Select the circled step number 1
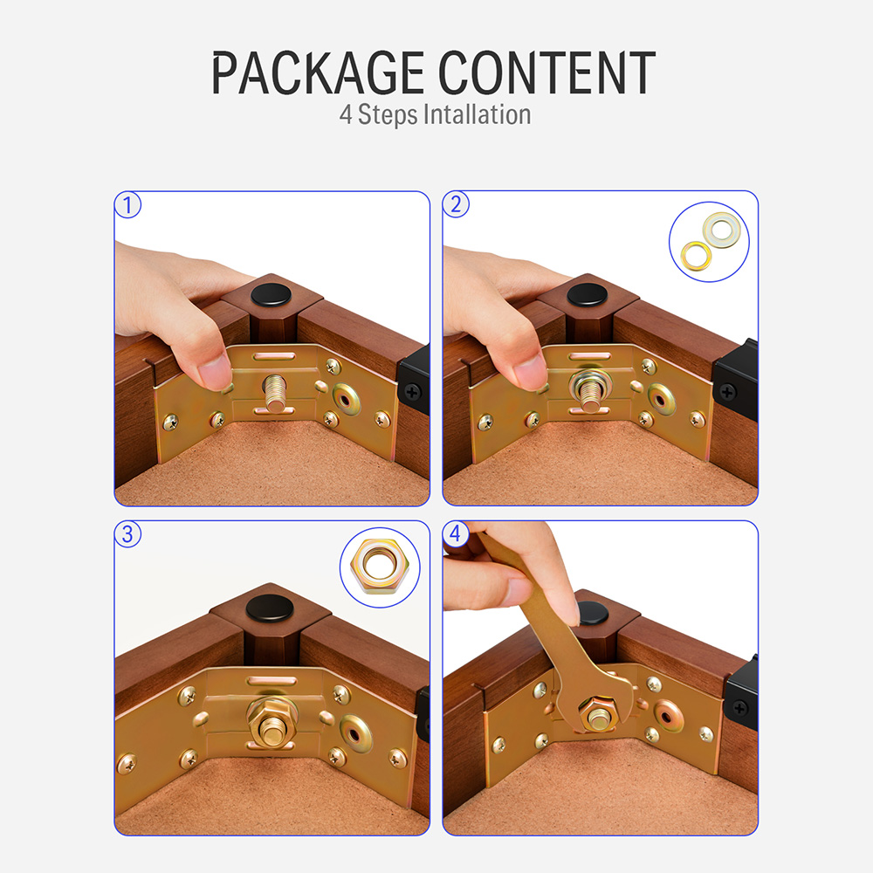[127, 205]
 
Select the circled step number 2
[456, 204]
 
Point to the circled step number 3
[127, 534]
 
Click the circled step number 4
[456, 534]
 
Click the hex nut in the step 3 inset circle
[380, 567]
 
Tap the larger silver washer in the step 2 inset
[722, 230]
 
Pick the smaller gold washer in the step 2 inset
[696, 256]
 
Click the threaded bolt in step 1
[275, 393]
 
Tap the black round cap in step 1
[272, 294]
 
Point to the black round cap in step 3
[270, 608]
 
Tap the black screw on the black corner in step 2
[728, 393]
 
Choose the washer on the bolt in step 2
[590, 382]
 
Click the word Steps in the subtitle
[388, 115]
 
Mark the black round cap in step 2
[588, 294]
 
